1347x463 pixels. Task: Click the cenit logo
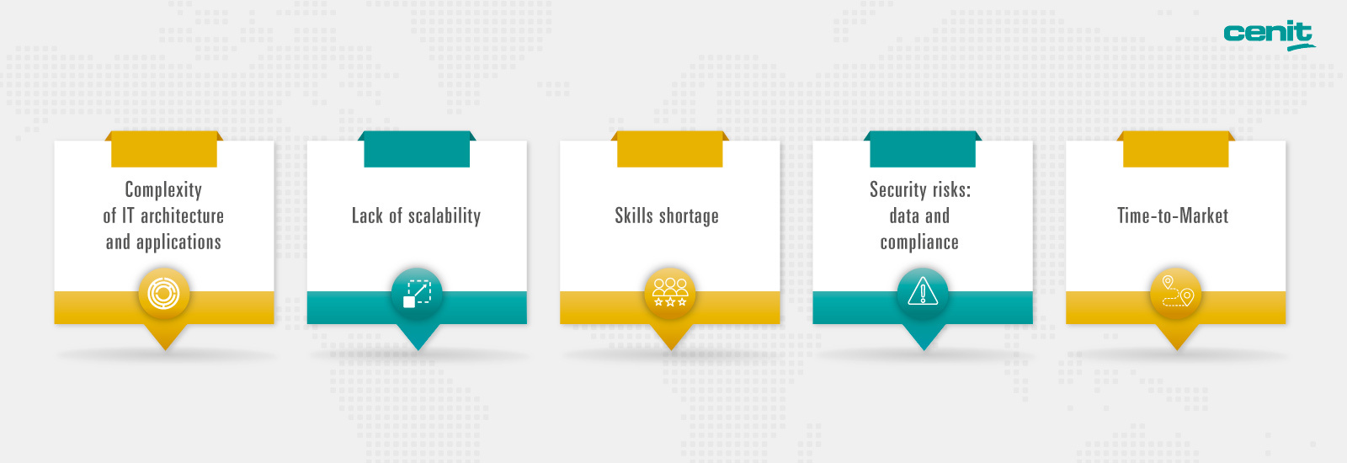[1269, 35]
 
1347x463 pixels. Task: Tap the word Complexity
[163, 190]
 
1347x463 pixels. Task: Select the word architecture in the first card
[182, 216]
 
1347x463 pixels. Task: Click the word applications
[178, 242]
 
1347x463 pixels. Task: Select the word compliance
[919, 242]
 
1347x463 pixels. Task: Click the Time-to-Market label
[1173, 216]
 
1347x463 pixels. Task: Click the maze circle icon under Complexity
[164, 294]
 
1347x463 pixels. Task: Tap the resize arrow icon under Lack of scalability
[418, 294]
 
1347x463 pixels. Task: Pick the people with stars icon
[670, 292]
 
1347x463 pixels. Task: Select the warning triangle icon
[923, 292]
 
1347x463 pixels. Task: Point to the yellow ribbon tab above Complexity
[164, 149]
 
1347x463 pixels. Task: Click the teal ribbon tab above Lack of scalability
[417, 149]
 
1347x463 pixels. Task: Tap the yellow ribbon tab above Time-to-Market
[1175, 149]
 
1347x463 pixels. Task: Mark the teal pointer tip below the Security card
[924, 350]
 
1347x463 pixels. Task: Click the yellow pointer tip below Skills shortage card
[671, 350]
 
